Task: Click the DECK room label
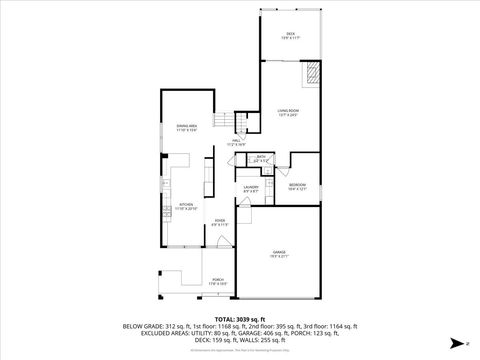[x=290, y=35]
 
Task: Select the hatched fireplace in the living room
[x=312, y=72]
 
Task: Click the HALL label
[x=236, y=143]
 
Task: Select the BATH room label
[x=261, y=157]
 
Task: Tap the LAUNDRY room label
[x=251, y=189]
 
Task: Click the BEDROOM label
[x=298, y=186]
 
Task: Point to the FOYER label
[x=220, y=222]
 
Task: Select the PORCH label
[x=218, y=282]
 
